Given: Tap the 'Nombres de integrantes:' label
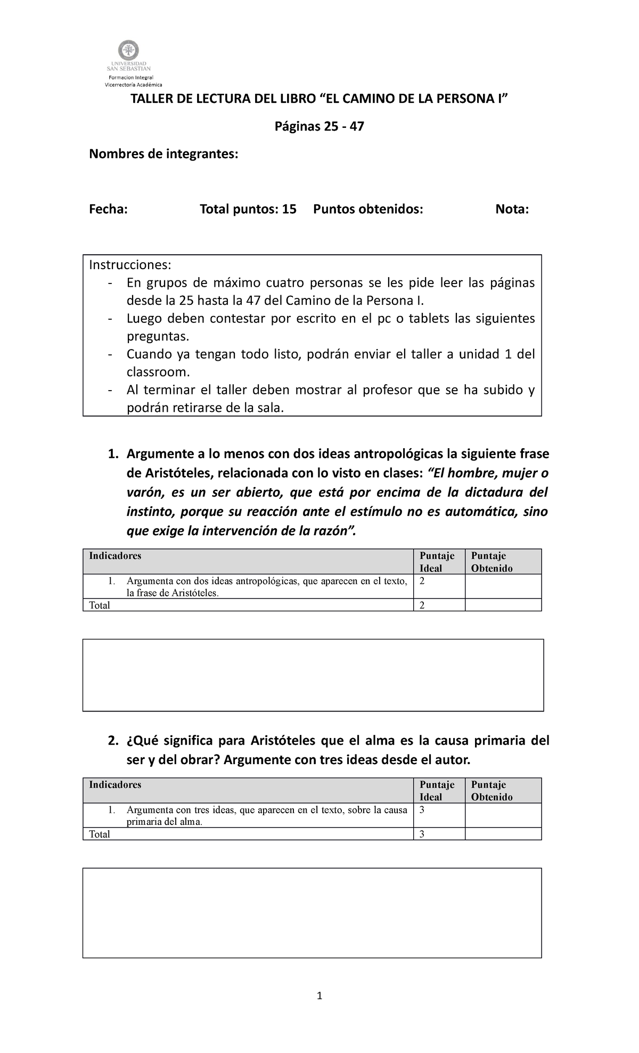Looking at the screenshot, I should click(x=163, y=154).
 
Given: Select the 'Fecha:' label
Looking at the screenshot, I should click(x=108, y=209).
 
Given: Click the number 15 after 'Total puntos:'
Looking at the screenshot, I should click(x=289, y=209).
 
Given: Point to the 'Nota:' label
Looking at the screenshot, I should click(x=512, y=209).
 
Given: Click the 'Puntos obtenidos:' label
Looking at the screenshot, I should click(x=368, y=209).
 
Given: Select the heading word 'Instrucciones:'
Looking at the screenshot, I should click(x=130, y=265).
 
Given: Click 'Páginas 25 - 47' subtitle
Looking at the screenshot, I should click(x=319, y=126).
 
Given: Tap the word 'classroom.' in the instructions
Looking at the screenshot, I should click(x=158, y=372).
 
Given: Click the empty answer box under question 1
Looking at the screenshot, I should click(x=313, y=675).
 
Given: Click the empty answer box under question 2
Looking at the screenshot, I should click(x=312, y=912).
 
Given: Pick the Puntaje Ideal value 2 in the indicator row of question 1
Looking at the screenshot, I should click(x=422, y=580).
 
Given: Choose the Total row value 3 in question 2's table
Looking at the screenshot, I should click(x=422, y=834).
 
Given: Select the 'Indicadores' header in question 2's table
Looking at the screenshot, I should click(x=115, y=784).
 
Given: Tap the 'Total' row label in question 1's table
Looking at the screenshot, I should click(x=100, y=605).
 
